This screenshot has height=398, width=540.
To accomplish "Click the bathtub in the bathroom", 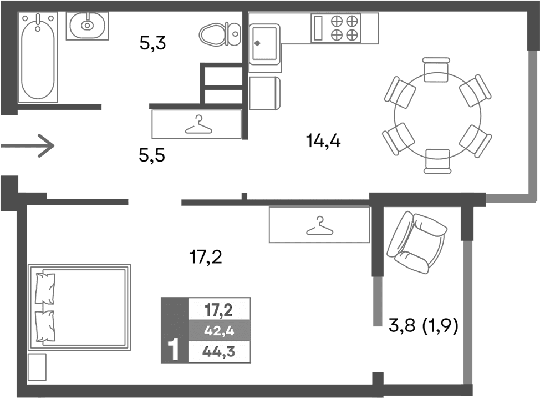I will pyautogui.click(x=38, y=58).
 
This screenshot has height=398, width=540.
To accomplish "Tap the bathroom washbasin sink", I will pyautogui.click(x=87, y=26).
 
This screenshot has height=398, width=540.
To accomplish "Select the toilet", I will pyautogui.click(x=219, y=34).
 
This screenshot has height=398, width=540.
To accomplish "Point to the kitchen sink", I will pyautogui.click(x=263, y=41).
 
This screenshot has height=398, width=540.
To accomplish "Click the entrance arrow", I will pyautogui.click(x=28, y=146).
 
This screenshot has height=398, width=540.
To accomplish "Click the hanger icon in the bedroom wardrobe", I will pyautogui.click(x=318, y=225).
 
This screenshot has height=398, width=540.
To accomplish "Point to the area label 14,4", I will pyautogui.click(x=323, y=141).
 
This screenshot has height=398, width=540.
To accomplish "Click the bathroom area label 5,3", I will pyautogui.click(x=154, y=43).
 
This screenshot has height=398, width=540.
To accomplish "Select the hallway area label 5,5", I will pyautogui.click(x=152, y=156).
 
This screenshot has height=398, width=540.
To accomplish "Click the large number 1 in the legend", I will pyautogui.click(x=174, y=350).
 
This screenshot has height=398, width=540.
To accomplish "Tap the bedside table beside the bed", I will pyautogui.click(x=37, y=367).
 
